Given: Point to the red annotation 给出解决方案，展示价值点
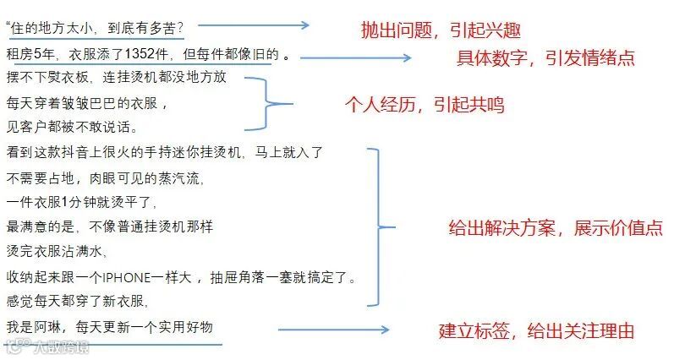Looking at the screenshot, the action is (x=555, y=228).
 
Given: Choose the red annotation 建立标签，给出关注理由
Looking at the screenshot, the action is (x=536, y=330).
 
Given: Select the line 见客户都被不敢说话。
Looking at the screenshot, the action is (x=72, y=127).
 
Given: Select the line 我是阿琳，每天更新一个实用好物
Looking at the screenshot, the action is (x=110, y=326).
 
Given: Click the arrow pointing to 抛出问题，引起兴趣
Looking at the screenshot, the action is (x=271, y=28).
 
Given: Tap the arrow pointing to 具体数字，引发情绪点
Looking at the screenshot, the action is (x=354, y=57).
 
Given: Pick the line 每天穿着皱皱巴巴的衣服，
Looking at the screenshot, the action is (x=88, y=104).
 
